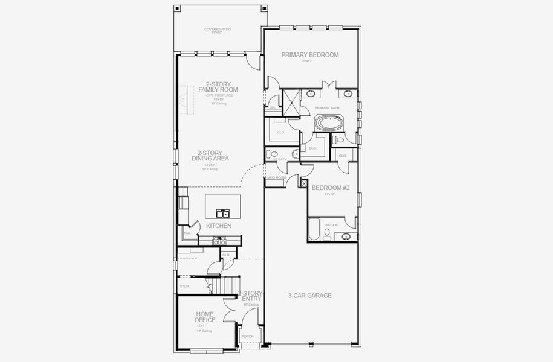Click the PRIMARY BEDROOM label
(310, 55)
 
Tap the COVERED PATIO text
(217, 29)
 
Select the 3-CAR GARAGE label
(309, 296)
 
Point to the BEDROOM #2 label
(330, 188)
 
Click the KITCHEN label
(219, 226)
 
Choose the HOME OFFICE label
(205, 317)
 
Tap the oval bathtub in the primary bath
(329, 124)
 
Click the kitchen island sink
(223, 213)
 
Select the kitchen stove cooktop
(219, 240)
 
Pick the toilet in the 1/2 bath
(274, 154)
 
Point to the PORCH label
(247, 337)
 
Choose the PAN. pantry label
(187, 233)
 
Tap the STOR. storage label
(185, 286)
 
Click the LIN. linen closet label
(273, 107)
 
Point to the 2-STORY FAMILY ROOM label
(218, 87)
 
